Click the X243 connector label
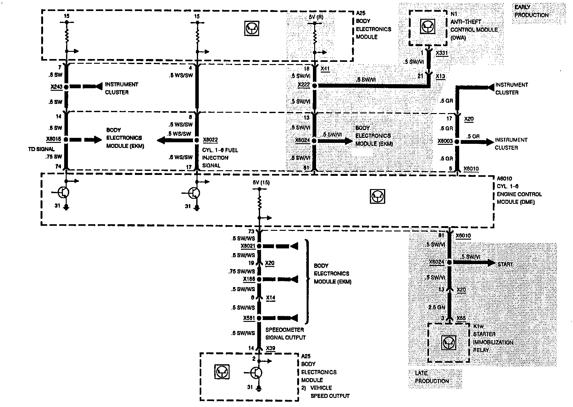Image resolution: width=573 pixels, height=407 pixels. (x=56, y=87)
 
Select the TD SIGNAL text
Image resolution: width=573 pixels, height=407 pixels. (x=41, y=149)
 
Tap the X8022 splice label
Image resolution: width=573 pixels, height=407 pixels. (x=210, y=140)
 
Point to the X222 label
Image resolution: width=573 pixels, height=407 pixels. (x=304, y=85)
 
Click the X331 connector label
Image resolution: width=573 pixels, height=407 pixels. (x=442, y=53)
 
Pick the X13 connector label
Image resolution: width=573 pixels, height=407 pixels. (x=440, y=76)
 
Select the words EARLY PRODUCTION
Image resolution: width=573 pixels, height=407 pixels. (x=531, y=11)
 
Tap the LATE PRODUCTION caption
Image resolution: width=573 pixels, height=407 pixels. (x=431, y=377)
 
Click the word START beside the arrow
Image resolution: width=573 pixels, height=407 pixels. (x=505, y=264)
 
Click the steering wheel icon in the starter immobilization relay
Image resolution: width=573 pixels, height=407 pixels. (x=448, y=342)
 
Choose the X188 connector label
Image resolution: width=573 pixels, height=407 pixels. (x=249, y=279)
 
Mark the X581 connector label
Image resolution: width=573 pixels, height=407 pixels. (x=249, y=318)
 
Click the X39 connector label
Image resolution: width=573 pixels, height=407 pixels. (x=271, y=348)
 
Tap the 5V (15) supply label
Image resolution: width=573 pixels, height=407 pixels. (x=261, y=182)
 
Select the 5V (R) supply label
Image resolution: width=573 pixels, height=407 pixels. (x=315, y=17)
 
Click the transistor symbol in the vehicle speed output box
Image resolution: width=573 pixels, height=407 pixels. (x=256, y=373)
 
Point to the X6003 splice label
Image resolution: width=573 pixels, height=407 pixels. (x=445, y=141)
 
